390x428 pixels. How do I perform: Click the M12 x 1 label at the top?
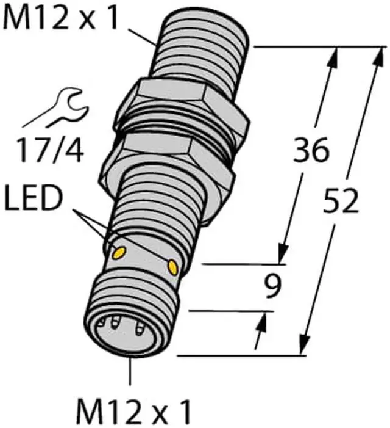coord(60,16)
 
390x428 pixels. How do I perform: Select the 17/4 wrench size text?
coord(50,150)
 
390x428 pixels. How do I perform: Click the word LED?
coord(34,198)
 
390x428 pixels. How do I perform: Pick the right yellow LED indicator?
coord(173,267)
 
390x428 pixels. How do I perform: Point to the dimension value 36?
coord(311,150)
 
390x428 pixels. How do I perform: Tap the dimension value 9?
coord(272,286)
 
